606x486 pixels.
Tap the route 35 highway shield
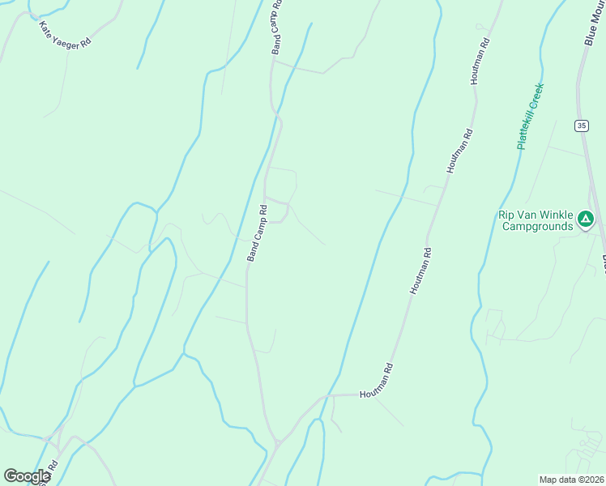tap(582, 126)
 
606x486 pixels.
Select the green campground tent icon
tap(586, 219)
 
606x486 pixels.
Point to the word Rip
tap(506, 215)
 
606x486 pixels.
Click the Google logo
tap(27, 476)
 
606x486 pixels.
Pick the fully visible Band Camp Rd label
tap(257, 233)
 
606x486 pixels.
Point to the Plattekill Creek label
tap(530, 116)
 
